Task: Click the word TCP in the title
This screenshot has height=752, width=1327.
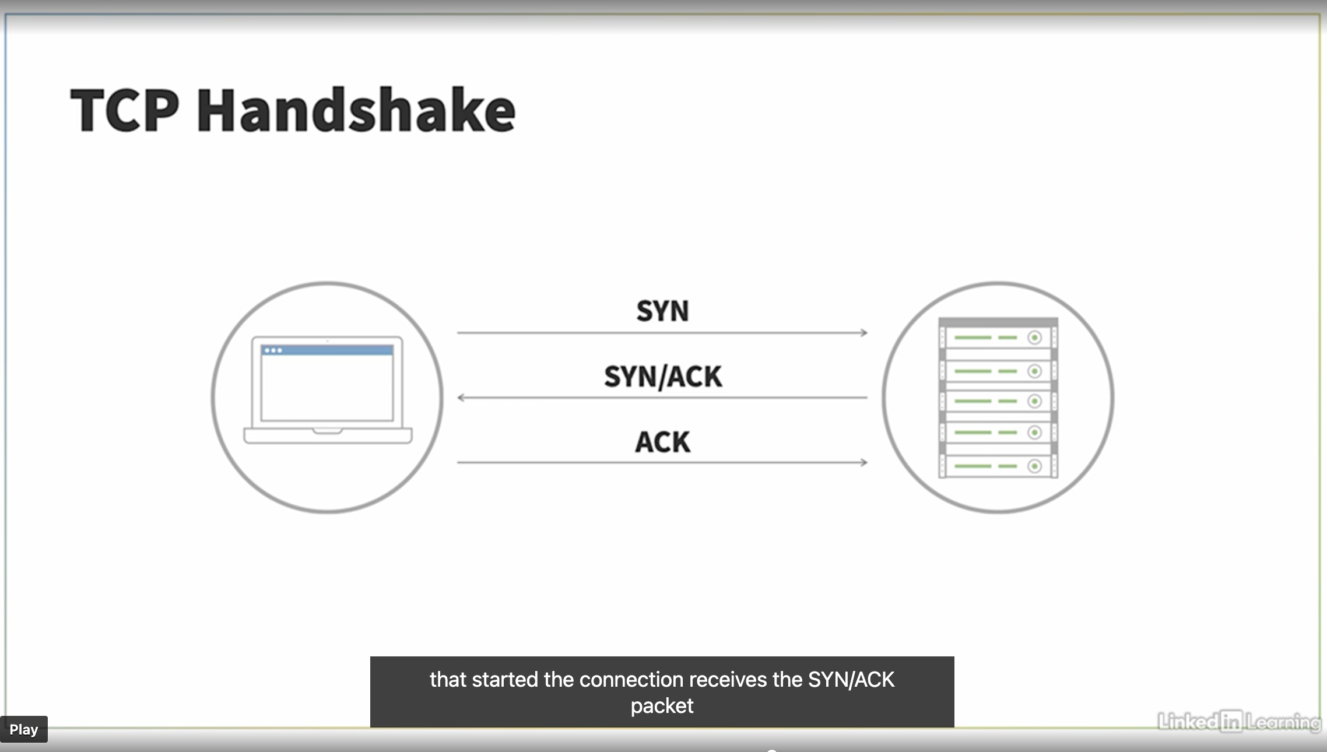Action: coord(125,110)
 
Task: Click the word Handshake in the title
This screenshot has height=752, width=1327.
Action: coord(356,110)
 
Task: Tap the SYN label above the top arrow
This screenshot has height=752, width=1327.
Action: coord(662,311)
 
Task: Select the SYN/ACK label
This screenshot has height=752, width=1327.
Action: coord(663,377)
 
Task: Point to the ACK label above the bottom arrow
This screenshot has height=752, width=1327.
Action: coord(663,442)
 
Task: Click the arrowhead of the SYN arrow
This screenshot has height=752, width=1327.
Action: coord(864,333)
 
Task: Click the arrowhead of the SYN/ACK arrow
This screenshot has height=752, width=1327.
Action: coord(461,398)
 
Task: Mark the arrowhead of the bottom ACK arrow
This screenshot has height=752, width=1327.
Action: coord(864,463)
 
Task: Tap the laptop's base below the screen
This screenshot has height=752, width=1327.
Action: coord(328,436)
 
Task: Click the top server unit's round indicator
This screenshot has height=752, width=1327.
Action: coord(1034,338)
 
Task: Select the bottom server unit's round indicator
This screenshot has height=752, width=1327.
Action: coord(1034,466)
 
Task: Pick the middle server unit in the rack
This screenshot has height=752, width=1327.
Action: coord(998,402)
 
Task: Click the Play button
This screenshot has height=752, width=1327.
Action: coord(24,729)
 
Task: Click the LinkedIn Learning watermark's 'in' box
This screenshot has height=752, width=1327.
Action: coord(1231,722)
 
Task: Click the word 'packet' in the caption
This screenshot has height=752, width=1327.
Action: coord(662,706)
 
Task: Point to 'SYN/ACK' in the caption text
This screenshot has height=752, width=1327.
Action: coord(851,680)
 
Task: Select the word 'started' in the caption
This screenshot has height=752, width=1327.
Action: coord(505,680)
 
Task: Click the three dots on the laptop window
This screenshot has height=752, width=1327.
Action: coord(273,350)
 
